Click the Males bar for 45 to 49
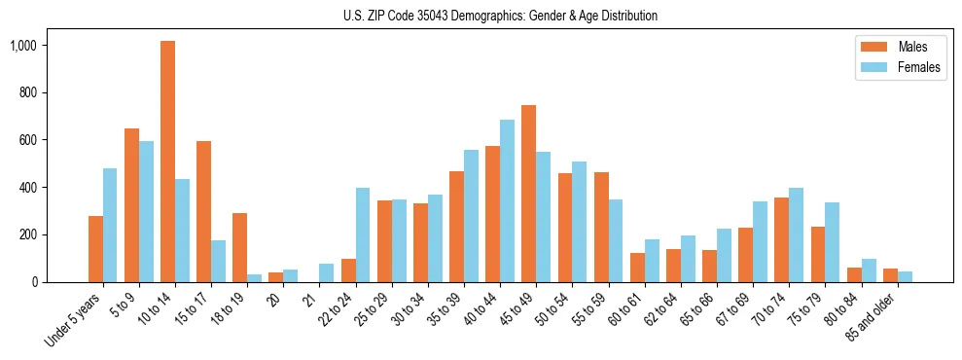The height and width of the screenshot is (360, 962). coord(529,194)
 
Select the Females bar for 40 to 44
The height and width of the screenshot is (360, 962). coord(507,200)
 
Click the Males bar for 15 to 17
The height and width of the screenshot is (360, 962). coord(204,211)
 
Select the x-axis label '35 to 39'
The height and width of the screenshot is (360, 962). coord(446,308)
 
